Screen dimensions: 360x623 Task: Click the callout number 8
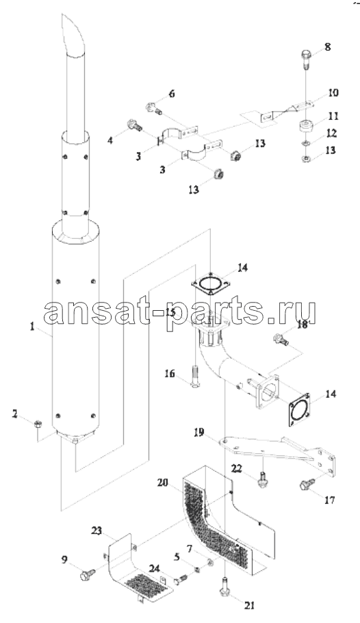pyautogui.click(x=327, y=47)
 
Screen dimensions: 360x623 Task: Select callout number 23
pyautogui.click(x=97, y=531)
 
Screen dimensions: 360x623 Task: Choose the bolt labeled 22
pyautogui.click(x=261, y=479)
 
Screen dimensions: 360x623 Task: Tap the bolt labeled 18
pyautogui.click(x=281, y=340)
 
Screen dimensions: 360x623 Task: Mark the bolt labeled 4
pyautogui.click(x=135, y=127)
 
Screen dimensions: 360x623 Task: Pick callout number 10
pyautogui.click(x=333, y=93)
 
